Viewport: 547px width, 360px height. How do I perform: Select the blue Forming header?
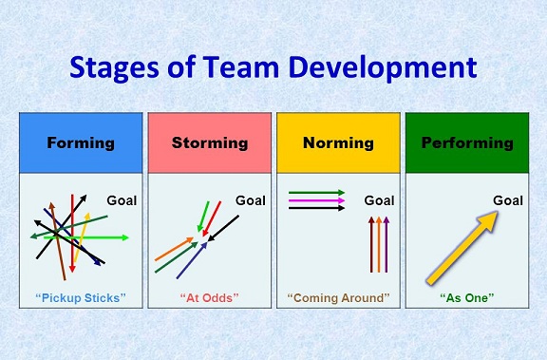coord(81,143)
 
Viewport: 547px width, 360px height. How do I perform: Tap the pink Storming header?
coord(209,143)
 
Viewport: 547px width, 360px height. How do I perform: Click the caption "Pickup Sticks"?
coord(81,297)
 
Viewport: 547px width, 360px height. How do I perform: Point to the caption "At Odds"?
coord(209,297)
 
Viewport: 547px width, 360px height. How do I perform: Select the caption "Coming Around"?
coord(338,297)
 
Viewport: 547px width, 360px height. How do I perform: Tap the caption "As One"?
coord(466,297)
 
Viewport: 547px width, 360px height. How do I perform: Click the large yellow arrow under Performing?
coord(462,247)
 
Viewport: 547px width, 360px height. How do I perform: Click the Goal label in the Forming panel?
coord(122,200)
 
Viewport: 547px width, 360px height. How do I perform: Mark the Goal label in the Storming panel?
coord(251,200)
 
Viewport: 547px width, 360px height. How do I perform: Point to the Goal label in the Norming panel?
coord(380,200)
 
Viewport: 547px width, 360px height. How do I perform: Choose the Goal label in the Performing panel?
coord(508,199)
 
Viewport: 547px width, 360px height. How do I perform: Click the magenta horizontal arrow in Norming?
coord(316,200)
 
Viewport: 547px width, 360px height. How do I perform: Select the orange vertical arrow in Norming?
coord(379,245)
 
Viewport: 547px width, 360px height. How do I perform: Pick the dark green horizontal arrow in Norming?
coord(316,193)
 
